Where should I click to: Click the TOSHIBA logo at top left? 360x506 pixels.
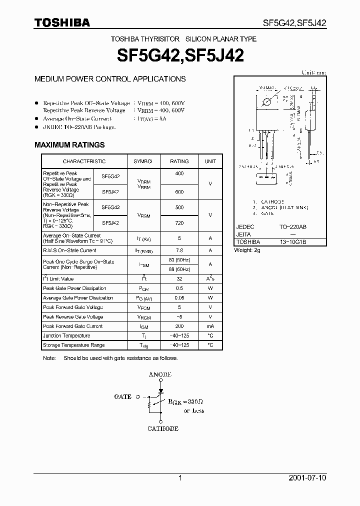62,22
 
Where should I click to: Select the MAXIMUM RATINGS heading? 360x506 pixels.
69,145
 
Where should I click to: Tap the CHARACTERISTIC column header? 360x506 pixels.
84,161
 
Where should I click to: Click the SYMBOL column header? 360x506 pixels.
143,161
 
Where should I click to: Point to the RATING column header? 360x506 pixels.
179,161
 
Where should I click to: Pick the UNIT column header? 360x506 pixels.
210,161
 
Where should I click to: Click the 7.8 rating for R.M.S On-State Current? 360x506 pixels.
179,250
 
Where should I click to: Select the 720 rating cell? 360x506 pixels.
179,223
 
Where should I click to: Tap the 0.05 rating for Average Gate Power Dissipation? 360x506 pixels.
179,298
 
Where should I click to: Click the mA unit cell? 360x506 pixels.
210,326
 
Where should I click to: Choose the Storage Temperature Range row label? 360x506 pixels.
74,345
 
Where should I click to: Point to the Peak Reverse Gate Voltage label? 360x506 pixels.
73,317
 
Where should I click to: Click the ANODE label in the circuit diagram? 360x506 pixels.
160,374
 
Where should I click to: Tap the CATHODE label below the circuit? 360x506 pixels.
163,428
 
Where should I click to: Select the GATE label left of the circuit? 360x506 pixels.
123,396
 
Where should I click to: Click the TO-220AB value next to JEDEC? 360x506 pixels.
293,227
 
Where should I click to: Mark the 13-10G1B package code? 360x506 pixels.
293,241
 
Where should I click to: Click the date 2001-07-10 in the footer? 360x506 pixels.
307,478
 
